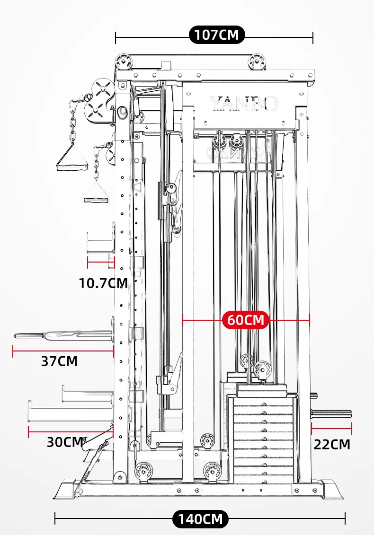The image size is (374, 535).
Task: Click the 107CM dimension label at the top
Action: pyautogui.click(x=217, y=35)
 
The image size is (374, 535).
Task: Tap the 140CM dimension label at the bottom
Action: pyautogui.click(x=200, y=519)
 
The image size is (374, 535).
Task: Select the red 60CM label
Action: pyautogui.click(x=246, y=320)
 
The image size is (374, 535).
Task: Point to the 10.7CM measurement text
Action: pyautogui.click(x=103, y=283)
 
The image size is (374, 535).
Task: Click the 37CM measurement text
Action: pyautogui.click(x=59, y=361)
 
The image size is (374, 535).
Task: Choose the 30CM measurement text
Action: pyautogui.click(x=65, y=442)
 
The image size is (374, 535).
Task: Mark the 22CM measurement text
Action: pyautogui.click(x=332, y=444)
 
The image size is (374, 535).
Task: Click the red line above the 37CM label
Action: pyautogui.click(x=63, y=351)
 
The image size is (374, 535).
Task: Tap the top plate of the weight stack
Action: pyautogui.click(x=262, y=389)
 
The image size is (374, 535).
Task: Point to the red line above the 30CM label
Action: pyautogui.click(x=71, y=431)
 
